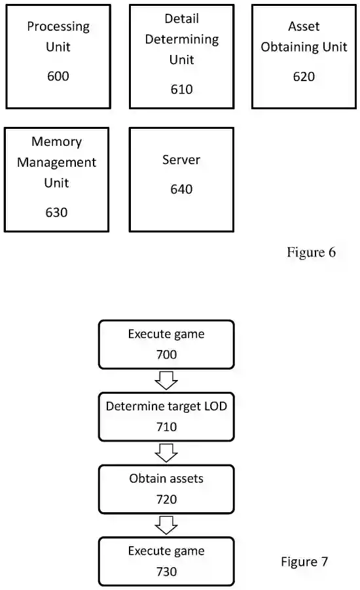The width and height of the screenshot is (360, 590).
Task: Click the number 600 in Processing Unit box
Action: pyautogui.click(x=58, y=77)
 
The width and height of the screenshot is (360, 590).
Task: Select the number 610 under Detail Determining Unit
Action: pyautogui.click(x=181, y=89)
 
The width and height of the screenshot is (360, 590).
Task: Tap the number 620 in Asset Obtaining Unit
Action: pyautogui.click(x=304, y=77)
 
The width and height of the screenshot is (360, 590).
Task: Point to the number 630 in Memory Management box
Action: pyautogui.click(x=56, y=212)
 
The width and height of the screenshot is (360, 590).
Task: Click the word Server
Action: pyautogui.click(x=181, y=160)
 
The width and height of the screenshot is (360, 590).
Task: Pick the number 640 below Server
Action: pyautogui.click(x=181, y=189)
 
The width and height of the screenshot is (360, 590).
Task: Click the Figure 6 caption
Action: pyautogui.click(x=311, y=252)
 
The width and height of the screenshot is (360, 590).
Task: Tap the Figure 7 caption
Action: pyautogui.click(x=304, y=561)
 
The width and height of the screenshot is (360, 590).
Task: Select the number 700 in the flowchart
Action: pyautogui.click(x=166, y=355)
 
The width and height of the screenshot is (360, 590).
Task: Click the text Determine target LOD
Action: pyautogui.click(x=166, y=406)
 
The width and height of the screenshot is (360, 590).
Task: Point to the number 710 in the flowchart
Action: pyautogui.click(x=166, y=427)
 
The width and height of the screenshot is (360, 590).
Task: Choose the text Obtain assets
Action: pyautogui.click(x=166, y=479)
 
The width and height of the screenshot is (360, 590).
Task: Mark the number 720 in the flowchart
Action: pyautogui.click(x=166, y=499)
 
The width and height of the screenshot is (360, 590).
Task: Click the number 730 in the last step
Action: pyautogui.click(x=166, y=572)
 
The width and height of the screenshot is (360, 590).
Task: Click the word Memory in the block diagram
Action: pyautogui.click(x=57, y=142)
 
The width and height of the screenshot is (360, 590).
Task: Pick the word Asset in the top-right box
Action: pyautogui.click(x=304, y=26)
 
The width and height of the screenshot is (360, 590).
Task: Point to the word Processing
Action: pyautogui.click(x=58, y=26)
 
